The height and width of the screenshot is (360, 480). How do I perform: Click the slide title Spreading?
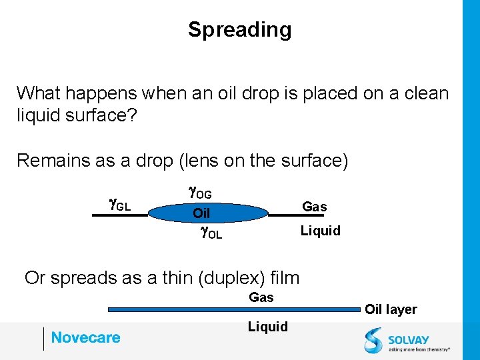[x=239, y=29]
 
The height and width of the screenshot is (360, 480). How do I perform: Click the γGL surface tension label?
[x=119, y=205]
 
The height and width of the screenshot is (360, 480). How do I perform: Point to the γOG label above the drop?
[x=200, y=193]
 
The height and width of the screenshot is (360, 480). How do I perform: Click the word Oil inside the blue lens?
[x=201, y=213]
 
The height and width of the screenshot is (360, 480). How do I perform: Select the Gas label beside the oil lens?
[x=314, y=207]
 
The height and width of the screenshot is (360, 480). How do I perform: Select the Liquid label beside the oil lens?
[x=320, y=231]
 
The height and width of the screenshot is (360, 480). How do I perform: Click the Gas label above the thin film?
[x=261, y=297]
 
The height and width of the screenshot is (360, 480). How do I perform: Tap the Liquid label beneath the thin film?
[x=267, y=327]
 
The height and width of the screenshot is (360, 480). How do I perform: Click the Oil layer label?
[x=390, y=309]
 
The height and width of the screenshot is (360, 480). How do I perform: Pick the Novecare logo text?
[x=85, y=337]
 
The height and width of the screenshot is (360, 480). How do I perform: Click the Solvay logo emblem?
[x=373, y=339]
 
